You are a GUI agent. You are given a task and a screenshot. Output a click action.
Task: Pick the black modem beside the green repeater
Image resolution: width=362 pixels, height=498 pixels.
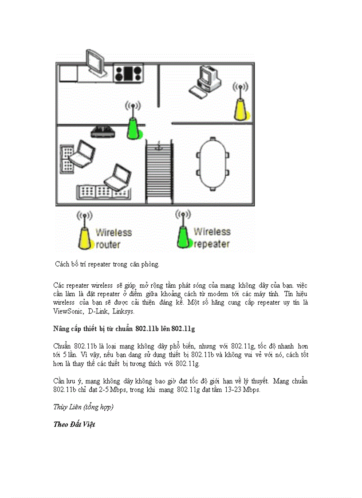click(103, 131)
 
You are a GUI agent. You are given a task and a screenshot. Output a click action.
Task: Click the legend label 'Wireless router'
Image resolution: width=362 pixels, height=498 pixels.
click(114, 238)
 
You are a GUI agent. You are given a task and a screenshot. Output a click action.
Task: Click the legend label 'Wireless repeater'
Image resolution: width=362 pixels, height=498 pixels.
click(212, 237)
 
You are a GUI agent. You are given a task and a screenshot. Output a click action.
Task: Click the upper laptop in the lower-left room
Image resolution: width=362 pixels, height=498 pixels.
click(83, 153)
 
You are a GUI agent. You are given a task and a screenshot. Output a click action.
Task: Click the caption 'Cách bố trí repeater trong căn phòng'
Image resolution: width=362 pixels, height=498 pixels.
click(106, 264)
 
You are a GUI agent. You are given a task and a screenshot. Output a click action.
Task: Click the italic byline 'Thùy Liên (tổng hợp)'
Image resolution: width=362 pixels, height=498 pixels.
click(83, 407)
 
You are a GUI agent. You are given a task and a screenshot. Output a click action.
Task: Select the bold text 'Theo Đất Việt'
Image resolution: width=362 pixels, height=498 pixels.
click(74, 424)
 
